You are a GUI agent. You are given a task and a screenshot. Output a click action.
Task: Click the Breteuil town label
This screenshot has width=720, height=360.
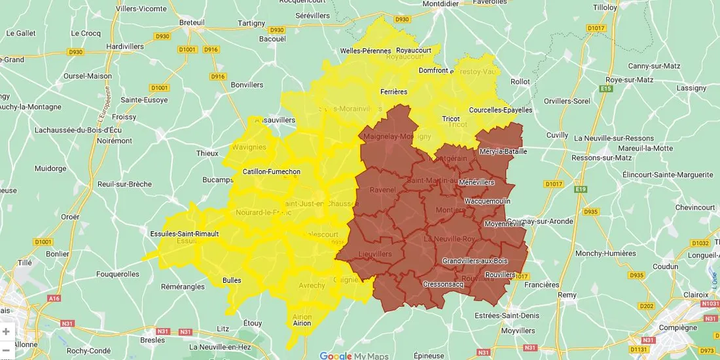coord(192,22)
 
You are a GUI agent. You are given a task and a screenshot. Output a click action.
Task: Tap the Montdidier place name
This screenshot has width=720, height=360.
coord(443,3)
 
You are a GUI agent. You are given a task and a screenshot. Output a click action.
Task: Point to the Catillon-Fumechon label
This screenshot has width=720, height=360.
coord(271,172)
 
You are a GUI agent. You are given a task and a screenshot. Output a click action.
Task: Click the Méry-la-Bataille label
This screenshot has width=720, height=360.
coord(503,151)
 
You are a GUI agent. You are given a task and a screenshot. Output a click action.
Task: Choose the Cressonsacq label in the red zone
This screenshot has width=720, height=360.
coord(443,284)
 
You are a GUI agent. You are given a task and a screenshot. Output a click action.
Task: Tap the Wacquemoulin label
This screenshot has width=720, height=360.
coord(487,201)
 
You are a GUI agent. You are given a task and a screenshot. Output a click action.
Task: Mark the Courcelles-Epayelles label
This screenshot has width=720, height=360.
coord(501,110)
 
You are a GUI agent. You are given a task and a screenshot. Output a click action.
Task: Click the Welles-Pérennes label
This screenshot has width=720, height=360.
coord(365,51)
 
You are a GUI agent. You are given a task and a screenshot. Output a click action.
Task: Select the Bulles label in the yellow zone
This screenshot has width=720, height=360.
coord(232,280)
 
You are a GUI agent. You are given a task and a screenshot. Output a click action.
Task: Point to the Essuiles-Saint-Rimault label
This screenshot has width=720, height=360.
coord(184,233)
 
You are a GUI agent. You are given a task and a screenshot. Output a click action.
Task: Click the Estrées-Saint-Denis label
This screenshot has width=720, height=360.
coord(507,315)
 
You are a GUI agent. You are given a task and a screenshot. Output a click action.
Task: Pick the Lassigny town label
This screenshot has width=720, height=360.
coord(691,88)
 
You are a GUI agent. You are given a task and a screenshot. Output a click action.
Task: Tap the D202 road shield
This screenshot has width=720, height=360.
coord(646,306)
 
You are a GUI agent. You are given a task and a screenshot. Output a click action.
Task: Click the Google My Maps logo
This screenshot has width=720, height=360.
coord(353,356)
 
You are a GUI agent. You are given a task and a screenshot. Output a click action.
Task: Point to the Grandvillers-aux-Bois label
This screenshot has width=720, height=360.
coord(475,261)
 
